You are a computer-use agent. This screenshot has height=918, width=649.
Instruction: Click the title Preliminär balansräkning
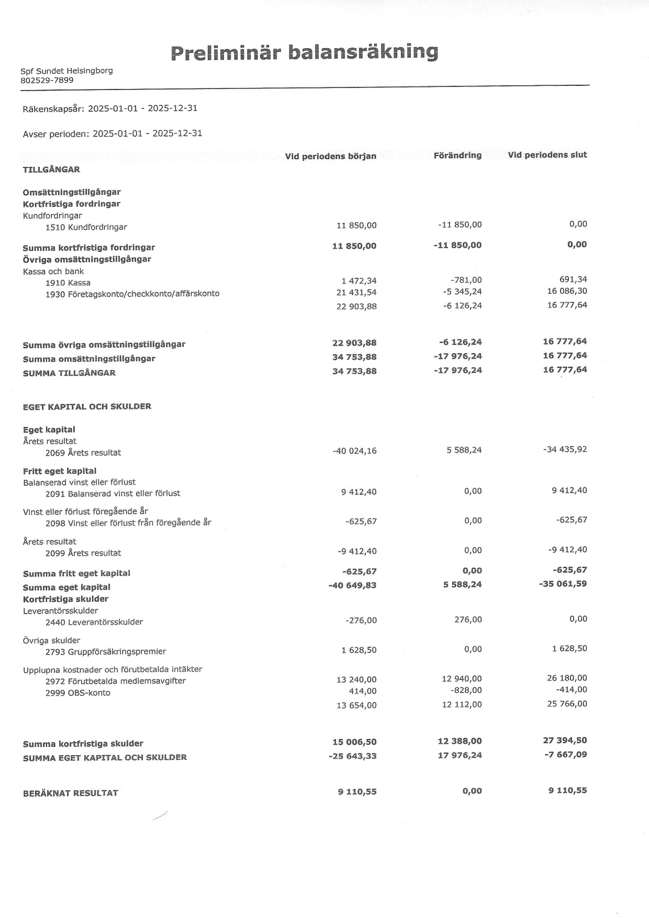[x=304, y=52]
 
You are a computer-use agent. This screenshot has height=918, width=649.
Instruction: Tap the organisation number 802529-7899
[x=47, y=80]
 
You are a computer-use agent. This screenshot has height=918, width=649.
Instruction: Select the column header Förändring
[x=457, y=155]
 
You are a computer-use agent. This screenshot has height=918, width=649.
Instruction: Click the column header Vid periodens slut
[x=547, y=154]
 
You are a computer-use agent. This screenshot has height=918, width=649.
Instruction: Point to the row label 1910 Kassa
[x=68, y=283]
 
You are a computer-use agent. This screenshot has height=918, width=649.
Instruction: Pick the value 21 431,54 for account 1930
[x=356, y=292]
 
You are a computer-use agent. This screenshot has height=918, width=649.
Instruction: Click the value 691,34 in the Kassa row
[x=573, y=279]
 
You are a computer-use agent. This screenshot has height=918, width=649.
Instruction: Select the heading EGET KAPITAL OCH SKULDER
[x=87, y=406]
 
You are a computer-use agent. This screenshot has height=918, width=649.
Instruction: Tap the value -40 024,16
[x=354, y=450]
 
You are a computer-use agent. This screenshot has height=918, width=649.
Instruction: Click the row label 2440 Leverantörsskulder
[x=94, y=622]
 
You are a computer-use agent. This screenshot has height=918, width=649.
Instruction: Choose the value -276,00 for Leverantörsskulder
[x=361, y=621]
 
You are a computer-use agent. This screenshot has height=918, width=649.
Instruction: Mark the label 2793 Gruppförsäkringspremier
[x=106, y=651]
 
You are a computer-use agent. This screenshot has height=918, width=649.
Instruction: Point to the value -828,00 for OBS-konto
[x=466, y=690]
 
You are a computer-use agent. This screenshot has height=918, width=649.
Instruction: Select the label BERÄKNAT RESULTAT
[x=71, y=793]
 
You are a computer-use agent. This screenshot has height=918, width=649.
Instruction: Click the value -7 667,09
[x=566, y=755]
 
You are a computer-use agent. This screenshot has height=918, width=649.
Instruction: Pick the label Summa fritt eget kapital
[x=76, y=573]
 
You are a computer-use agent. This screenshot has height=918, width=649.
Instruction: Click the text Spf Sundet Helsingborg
[x=66, y=71]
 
